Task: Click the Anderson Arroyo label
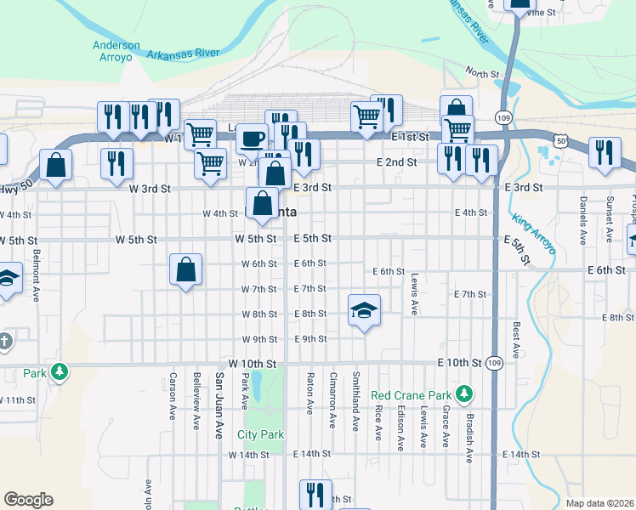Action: coord(116,51)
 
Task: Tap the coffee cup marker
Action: coord(251,138)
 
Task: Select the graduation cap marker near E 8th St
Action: coord(363,310)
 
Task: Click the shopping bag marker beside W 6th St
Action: coord(186,270)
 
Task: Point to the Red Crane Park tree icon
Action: coord(463,394)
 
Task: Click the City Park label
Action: coord(260,434)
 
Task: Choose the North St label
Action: coord(482,75)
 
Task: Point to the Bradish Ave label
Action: coord(468,439)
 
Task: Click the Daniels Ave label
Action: coord(584,216)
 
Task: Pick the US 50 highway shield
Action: coord(558,138)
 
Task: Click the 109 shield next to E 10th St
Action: coord(494,363)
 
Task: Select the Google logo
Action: coord(28,500)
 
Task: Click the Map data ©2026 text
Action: coord(599,503)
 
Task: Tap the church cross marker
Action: coord(4,341)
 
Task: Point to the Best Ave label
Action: coord(516,338)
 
